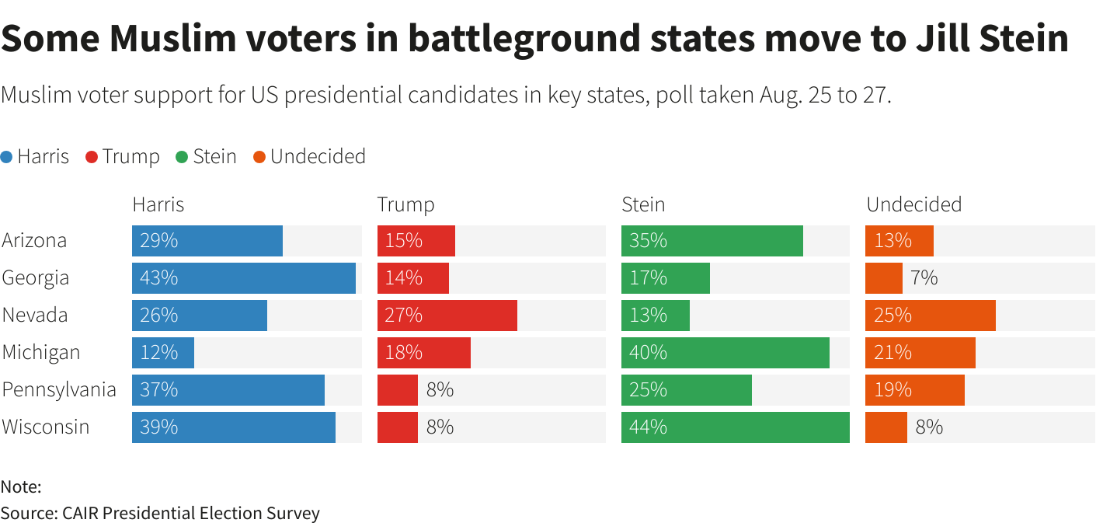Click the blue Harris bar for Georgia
tap(243, 278)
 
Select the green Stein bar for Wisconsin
tap(735, 427)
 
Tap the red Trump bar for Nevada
tap(447, 316)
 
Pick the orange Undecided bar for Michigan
tap(920, 353)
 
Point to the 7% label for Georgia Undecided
tap(924, 278)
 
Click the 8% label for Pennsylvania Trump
tap(440, 390)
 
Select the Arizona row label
tap(34, 241)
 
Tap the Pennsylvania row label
tap(59, 390)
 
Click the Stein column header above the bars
tap(643, 204)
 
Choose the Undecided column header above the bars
tap(913, 204)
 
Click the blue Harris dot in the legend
tap(7, 157)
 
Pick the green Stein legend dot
tap(182, 157)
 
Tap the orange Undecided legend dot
tap(259, 157)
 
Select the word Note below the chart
tap(20, 487)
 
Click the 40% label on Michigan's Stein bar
tap(648, 353)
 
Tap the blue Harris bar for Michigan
tap(163, 353)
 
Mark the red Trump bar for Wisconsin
tap(397, 427)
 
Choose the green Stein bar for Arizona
tap(712, 241)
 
